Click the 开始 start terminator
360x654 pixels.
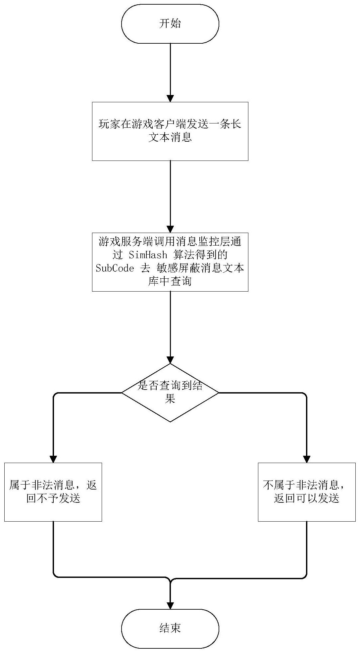click(170, 24)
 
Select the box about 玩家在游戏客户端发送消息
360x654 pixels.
click(170, 131)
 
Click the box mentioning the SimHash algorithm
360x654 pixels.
click(170, 262)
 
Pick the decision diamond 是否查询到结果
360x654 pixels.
click(170, 393)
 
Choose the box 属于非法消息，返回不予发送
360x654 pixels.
click(53, 492)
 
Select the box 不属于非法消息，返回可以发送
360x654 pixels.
click(307, 492)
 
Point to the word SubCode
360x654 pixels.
click(115, 268)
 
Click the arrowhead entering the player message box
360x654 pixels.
click(170, 98)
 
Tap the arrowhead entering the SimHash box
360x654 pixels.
click(170, 229)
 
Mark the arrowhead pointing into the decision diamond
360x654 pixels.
click(170, 360)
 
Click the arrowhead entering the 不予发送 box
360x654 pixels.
click(53, 459)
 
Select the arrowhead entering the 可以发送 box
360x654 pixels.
click(307, 459)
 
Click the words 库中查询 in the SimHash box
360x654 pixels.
click(170, 281)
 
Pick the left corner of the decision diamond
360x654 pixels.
click(122, 393)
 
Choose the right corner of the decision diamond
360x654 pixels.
click(219, 393)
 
